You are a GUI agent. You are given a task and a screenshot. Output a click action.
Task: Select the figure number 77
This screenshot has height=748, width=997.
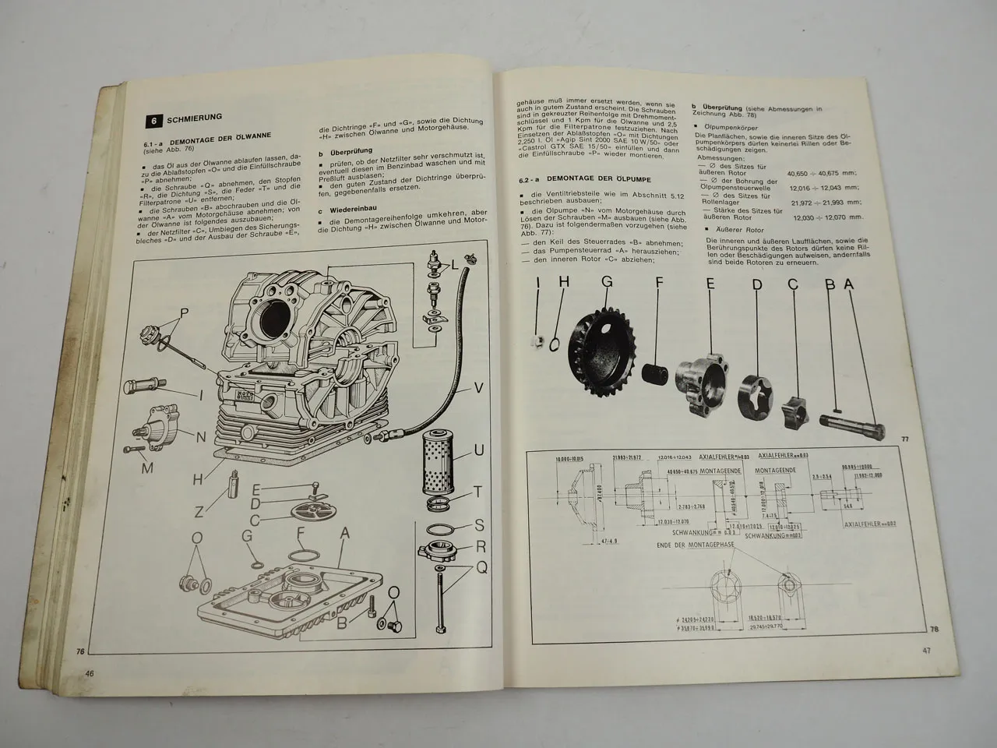coord(904,439)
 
